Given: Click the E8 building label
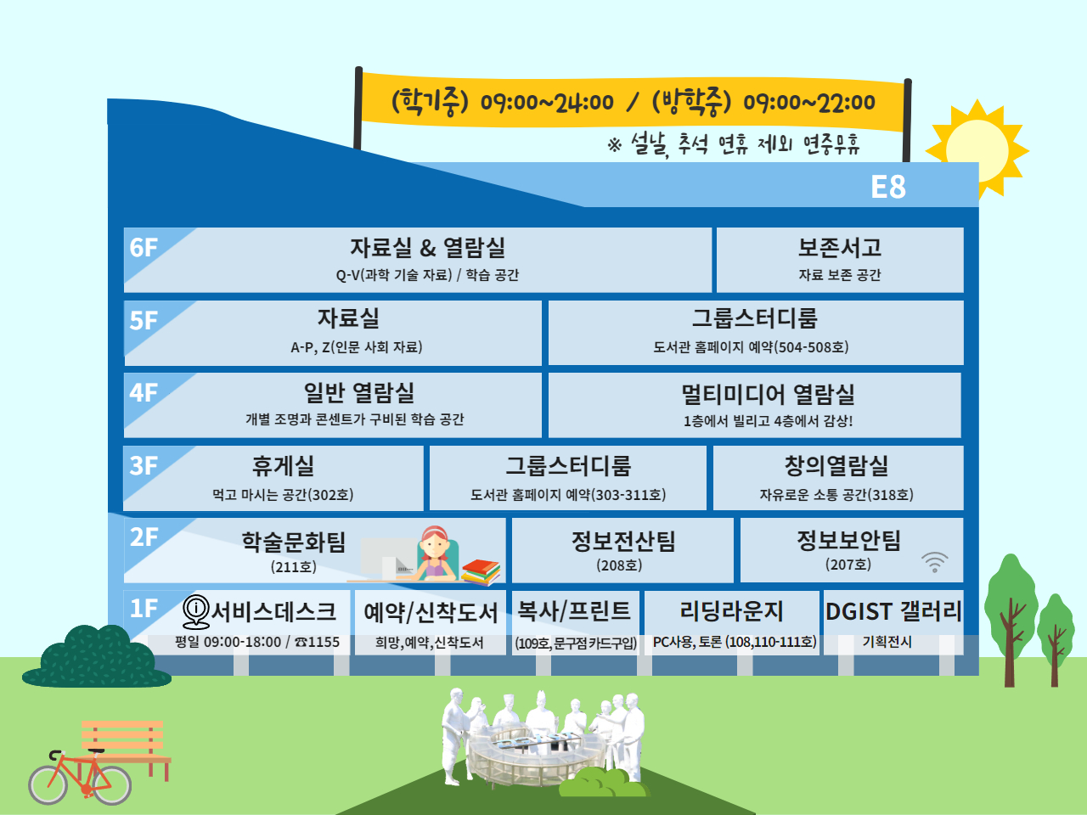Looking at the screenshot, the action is tap(888, 187).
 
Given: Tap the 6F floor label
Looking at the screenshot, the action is tap(144, 248).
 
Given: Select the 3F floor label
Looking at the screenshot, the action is tap(144, 465).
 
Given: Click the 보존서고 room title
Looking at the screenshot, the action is tap(839, 247).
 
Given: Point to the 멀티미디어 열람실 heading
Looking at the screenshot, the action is tap(768, 394).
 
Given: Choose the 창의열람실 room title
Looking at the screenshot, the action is tap(836, 465).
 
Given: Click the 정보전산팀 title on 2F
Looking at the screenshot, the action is tap(623, 541).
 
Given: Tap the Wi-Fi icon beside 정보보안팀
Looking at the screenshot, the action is tap(934, 562).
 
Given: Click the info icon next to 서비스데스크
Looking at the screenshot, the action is tap(196, 611).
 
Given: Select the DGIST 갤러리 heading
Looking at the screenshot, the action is tap(893, 611).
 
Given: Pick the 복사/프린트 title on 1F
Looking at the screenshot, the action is tap(574, 610).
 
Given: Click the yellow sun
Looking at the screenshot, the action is tap(977, 150).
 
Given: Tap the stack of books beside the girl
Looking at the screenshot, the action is tap(481, 572).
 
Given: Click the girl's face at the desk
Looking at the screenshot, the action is tap(435, 545).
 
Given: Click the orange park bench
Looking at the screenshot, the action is tap(127, 750).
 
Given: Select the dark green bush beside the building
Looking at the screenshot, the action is tap(97, 656).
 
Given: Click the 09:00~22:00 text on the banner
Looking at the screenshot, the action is tap(809, 103).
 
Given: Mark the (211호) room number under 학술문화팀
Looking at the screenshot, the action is tap(293, 566).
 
